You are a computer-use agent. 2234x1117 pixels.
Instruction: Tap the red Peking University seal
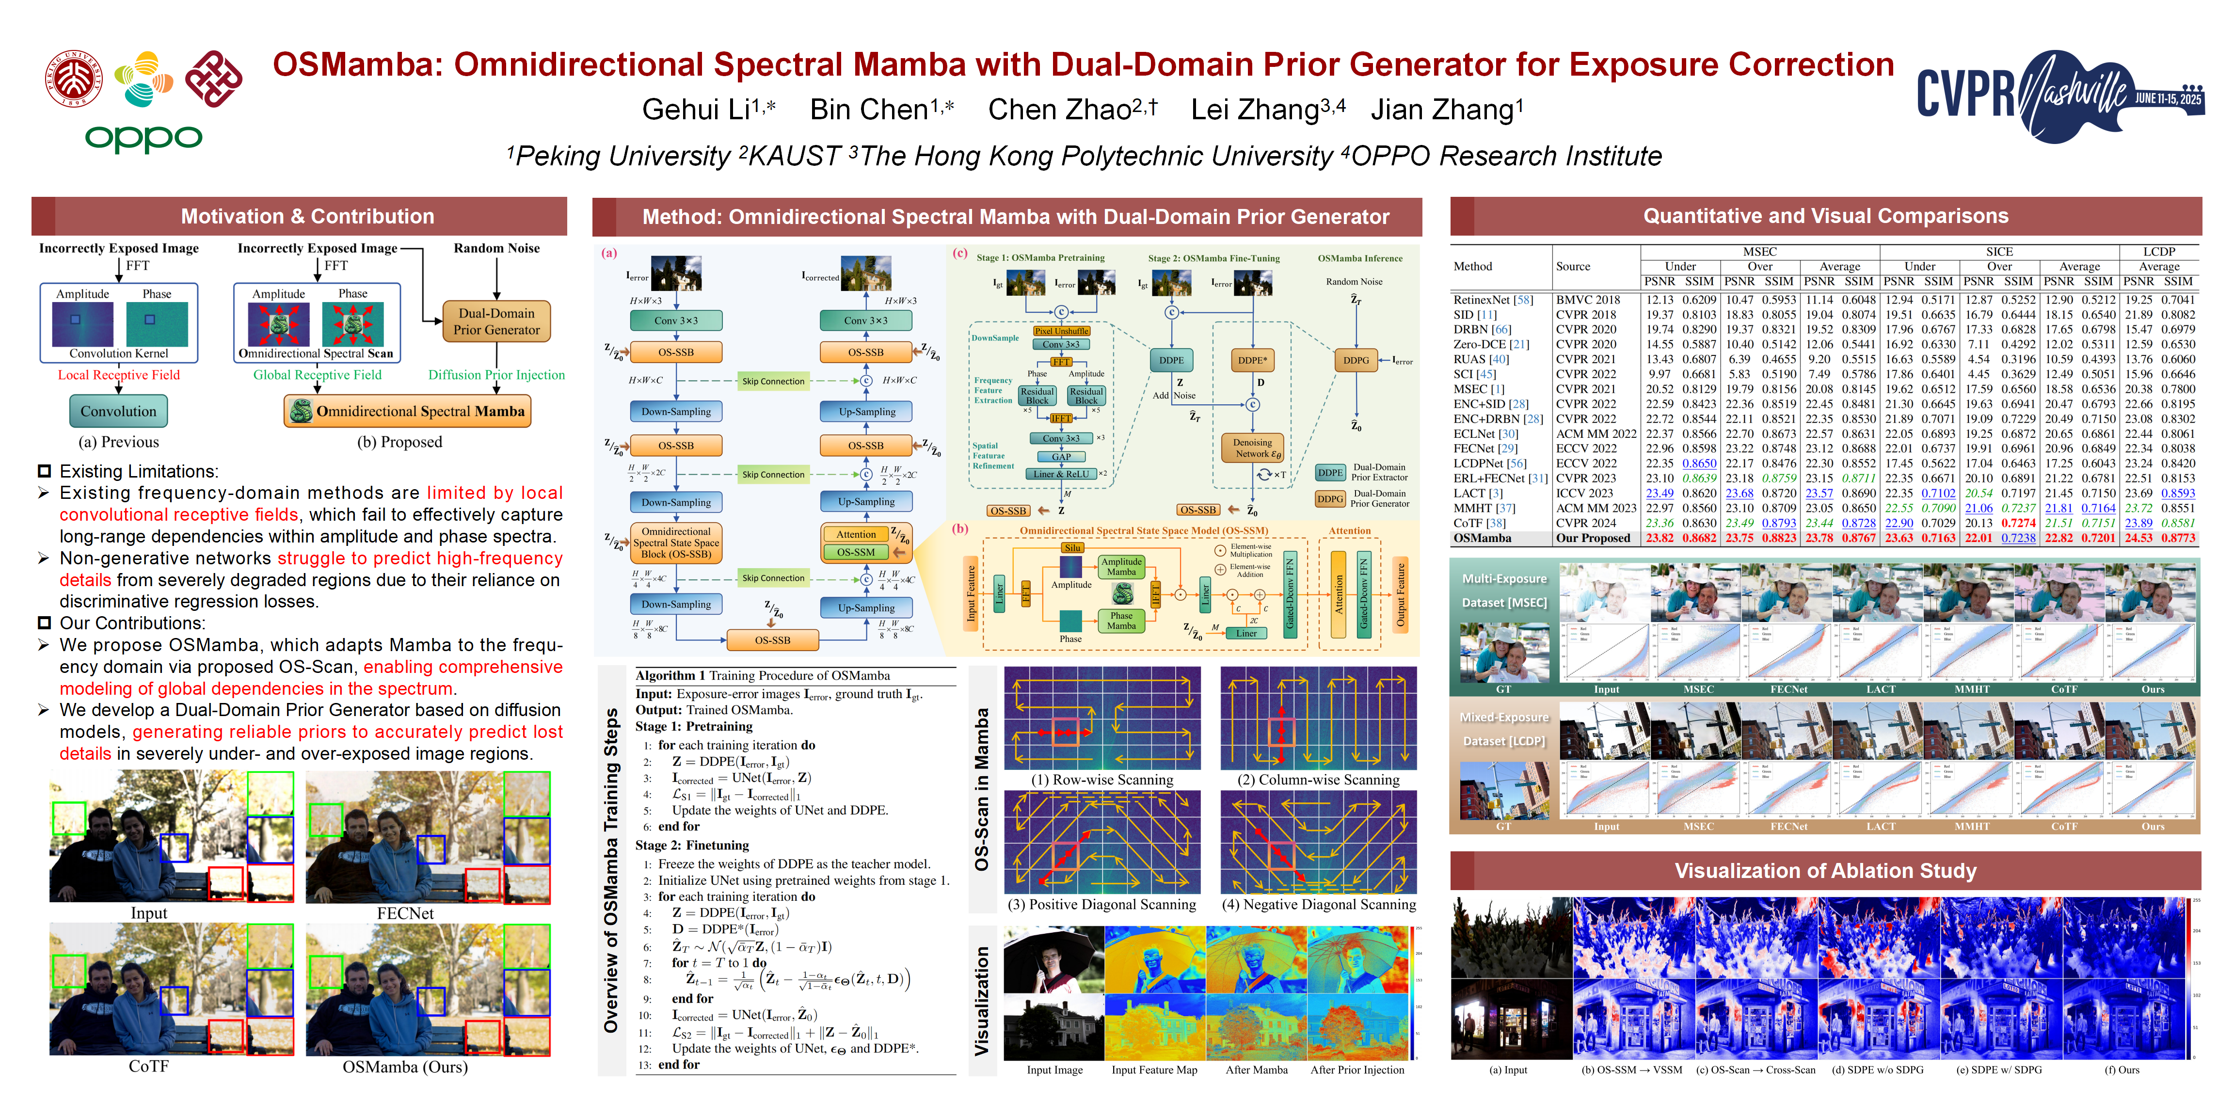pyautogui.click(x=74, y=78)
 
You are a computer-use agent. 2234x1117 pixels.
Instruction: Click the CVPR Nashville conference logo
pyautogui.click(x=2059, y=96)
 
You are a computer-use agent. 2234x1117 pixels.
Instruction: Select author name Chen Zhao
pyautogui.click(x=1072, y=110)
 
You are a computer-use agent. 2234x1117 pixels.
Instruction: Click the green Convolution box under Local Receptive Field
pyautogui.click(x=119, y=411)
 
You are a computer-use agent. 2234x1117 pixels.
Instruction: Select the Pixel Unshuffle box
pyautogui.click(x=1062, y=331)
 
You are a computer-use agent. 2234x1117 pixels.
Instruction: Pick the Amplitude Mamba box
pyautogui.click(x=1121, y=566)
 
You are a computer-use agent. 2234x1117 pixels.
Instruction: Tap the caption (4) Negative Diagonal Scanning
pyautogui.click(x=1318, y=905)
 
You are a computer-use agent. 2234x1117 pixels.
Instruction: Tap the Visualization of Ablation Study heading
pyautogui.click(x=1825, y=871)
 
